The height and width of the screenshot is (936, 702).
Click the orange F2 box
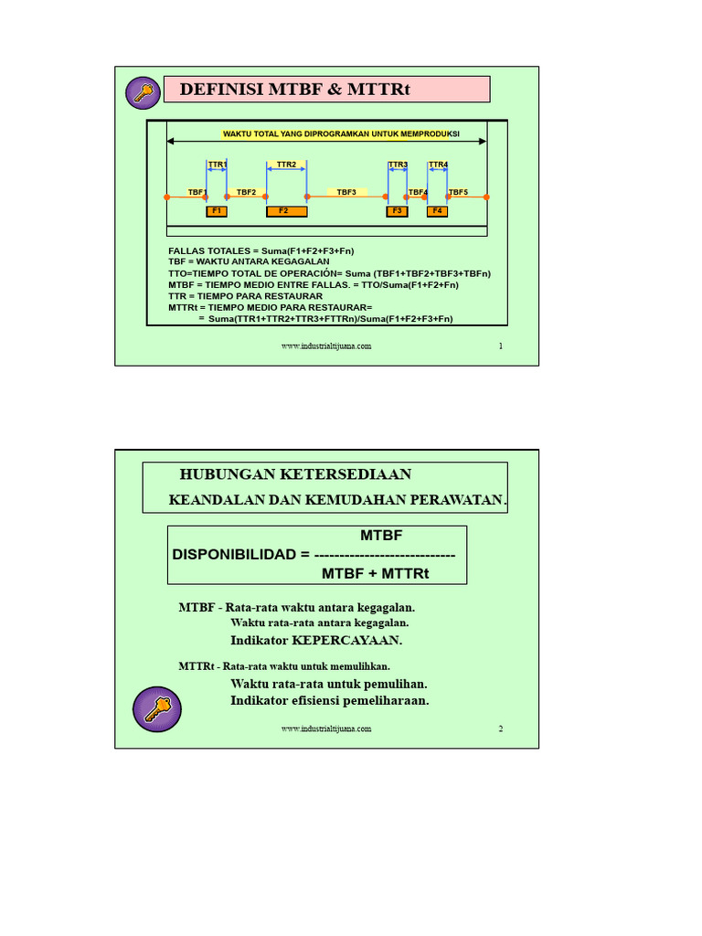pyautogui.click(x=283, y=211)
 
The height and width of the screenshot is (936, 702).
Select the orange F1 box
pyautogui.click(x=217, y=211)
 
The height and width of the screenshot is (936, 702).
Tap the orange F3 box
pyautogui.click(x=397, y=211)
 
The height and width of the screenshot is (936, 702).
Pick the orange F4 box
pyautogui.click(x=437, y=211)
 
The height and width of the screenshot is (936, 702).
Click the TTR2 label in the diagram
pyautogui.click(x=286, y=165)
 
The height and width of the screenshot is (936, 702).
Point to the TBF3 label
pyautogui.click(x=346, y=192)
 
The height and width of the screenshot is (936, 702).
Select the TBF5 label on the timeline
pyautogui.click(x=458, y=192)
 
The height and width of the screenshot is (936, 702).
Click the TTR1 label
pyautogui.click(x=218, y=165)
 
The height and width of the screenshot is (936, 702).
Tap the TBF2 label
pyautogui.click(x=247, y=192)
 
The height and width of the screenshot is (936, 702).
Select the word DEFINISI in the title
pyautogui.click(x=220, y=90)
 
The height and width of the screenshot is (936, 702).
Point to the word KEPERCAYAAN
pyautogui.click(x=346, y=640)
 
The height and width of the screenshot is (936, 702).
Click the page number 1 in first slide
pyautogui.click(x=501, y=346)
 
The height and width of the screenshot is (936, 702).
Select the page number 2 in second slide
pyautogui.click(x=501, y=729)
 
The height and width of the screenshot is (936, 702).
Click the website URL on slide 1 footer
pyautogui.click(x=326, y=346)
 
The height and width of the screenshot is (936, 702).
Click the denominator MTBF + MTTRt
pyautogui.click(x=376, y=573)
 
